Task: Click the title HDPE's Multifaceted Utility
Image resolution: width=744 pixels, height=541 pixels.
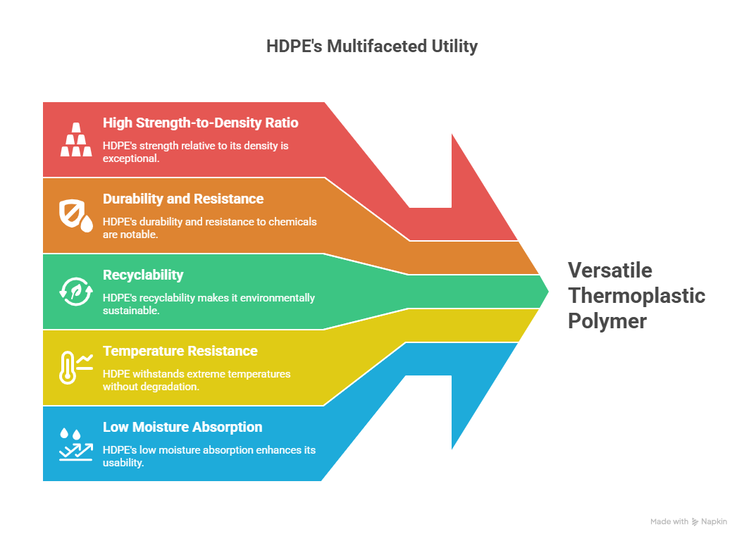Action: point(371,46)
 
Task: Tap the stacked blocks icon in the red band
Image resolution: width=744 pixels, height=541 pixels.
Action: point(76,139)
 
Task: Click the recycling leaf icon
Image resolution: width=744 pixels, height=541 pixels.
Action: point(76,292)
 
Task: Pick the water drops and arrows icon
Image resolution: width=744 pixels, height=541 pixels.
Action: point(76,444)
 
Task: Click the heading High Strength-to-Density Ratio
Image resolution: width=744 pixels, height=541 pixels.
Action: point(201,123)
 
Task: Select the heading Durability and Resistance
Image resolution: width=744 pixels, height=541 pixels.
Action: point(183,199)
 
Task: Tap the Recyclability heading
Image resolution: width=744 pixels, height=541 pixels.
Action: point(143,275)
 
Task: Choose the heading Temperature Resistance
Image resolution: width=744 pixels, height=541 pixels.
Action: point(180,352)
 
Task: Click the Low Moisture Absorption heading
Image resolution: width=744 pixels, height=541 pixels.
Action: point(182,427)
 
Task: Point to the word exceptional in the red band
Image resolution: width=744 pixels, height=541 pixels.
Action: point(131,158)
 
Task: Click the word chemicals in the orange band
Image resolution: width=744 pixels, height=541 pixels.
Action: point(293,222)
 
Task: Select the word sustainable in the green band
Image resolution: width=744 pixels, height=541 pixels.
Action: point(131,311)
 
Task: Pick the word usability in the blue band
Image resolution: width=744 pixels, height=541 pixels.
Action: point(123,463)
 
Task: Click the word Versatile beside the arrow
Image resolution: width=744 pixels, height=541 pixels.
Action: point(610,270)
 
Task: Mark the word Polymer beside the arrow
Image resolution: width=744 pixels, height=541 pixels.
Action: point(607,321)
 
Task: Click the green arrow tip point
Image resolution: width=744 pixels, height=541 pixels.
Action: point(549,292)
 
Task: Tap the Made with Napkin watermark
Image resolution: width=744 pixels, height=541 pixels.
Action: point(688,521)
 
